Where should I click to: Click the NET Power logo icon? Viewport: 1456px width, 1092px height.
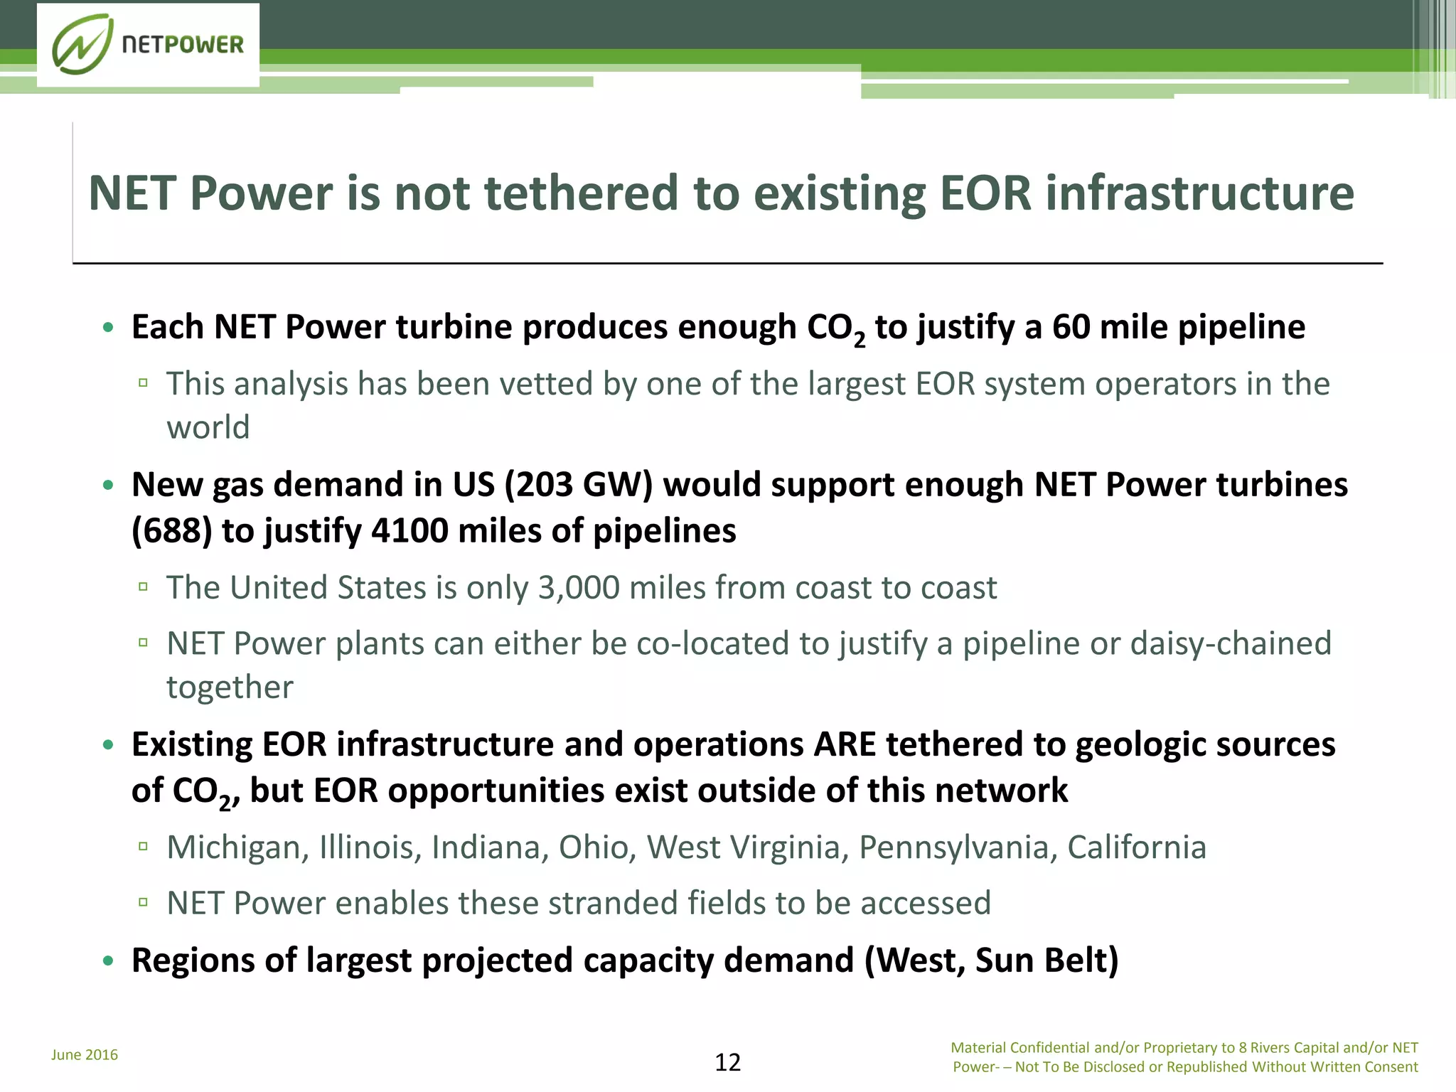[x=82, y=44]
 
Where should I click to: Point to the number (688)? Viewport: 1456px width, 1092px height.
[x=171, y=531]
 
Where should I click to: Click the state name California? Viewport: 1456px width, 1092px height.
[x=1136, y=847]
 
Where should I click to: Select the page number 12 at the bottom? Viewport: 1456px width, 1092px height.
[x=727, y=1062]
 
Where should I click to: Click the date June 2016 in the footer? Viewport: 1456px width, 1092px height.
[x=85, y=1055]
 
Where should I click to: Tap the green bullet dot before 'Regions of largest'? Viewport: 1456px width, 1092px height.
[x=108, y=961]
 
